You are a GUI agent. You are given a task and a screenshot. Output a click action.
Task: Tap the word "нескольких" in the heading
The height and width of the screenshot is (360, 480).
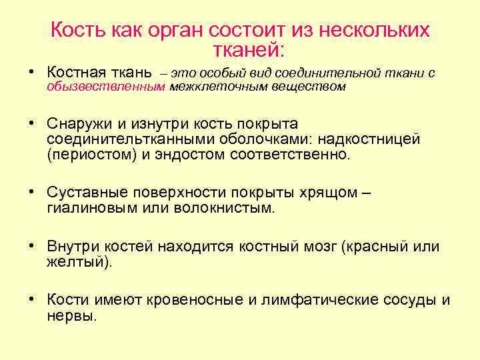(x=374, y=31)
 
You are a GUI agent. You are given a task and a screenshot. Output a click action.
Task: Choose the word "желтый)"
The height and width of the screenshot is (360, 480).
(x=79, y=262)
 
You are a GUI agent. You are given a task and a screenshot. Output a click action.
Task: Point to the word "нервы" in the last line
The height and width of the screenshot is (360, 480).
(x=69, y=316)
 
